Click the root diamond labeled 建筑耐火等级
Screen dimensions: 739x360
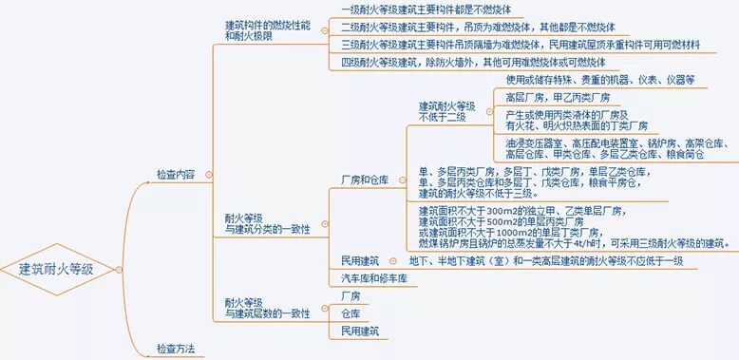[57, 269]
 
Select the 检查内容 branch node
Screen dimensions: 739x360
[176, 175]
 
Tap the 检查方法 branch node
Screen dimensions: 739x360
[176, 349]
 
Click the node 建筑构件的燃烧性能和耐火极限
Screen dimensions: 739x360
[267, 29]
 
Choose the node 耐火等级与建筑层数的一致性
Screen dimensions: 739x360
[260, 306]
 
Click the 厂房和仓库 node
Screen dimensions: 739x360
[365, 178]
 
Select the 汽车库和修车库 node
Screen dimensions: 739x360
[373, 278]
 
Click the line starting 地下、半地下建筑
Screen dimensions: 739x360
[546, 260]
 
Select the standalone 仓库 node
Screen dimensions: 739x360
[351, 313]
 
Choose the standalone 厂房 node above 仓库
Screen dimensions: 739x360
[351, 296]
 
